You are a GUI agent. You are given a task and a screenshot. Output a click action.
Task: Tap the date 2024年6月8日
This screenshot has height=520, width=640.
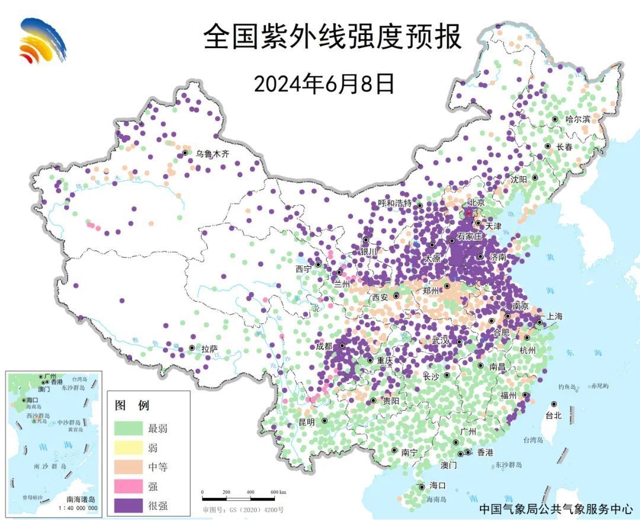(x=324, y=84)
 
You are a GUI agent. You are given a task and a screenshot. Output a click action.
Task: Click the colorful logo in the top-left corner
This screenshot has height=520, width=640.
(x=42, y=40)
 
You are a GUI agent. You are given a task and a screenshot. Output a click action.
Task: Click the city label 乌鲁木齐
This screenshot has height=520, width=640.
(x=212, y=154)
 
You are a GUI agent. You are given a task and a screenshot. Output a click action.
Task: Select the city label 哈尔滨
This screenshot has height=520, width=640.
(x=578, y=119)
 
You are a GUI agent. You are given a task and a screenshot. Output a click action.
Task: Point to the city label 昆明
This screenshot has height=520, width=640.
(x=307, y=422)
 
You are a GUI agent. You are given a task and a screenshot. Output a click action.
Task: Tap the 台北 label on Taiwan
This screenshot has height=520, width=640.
(x=553, y=416)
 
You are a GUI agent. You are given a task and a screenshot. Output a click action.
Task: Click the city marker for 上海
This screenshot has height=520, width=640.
(x=539, y=323)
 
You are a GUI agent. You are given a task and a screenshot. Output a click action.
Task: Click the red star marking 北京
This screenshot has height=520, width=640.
(x=468, y=213)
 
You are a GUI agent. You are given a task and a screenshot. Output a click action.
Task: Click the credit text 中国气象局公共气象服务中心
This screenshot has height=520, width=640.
(x=555, y=509)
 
